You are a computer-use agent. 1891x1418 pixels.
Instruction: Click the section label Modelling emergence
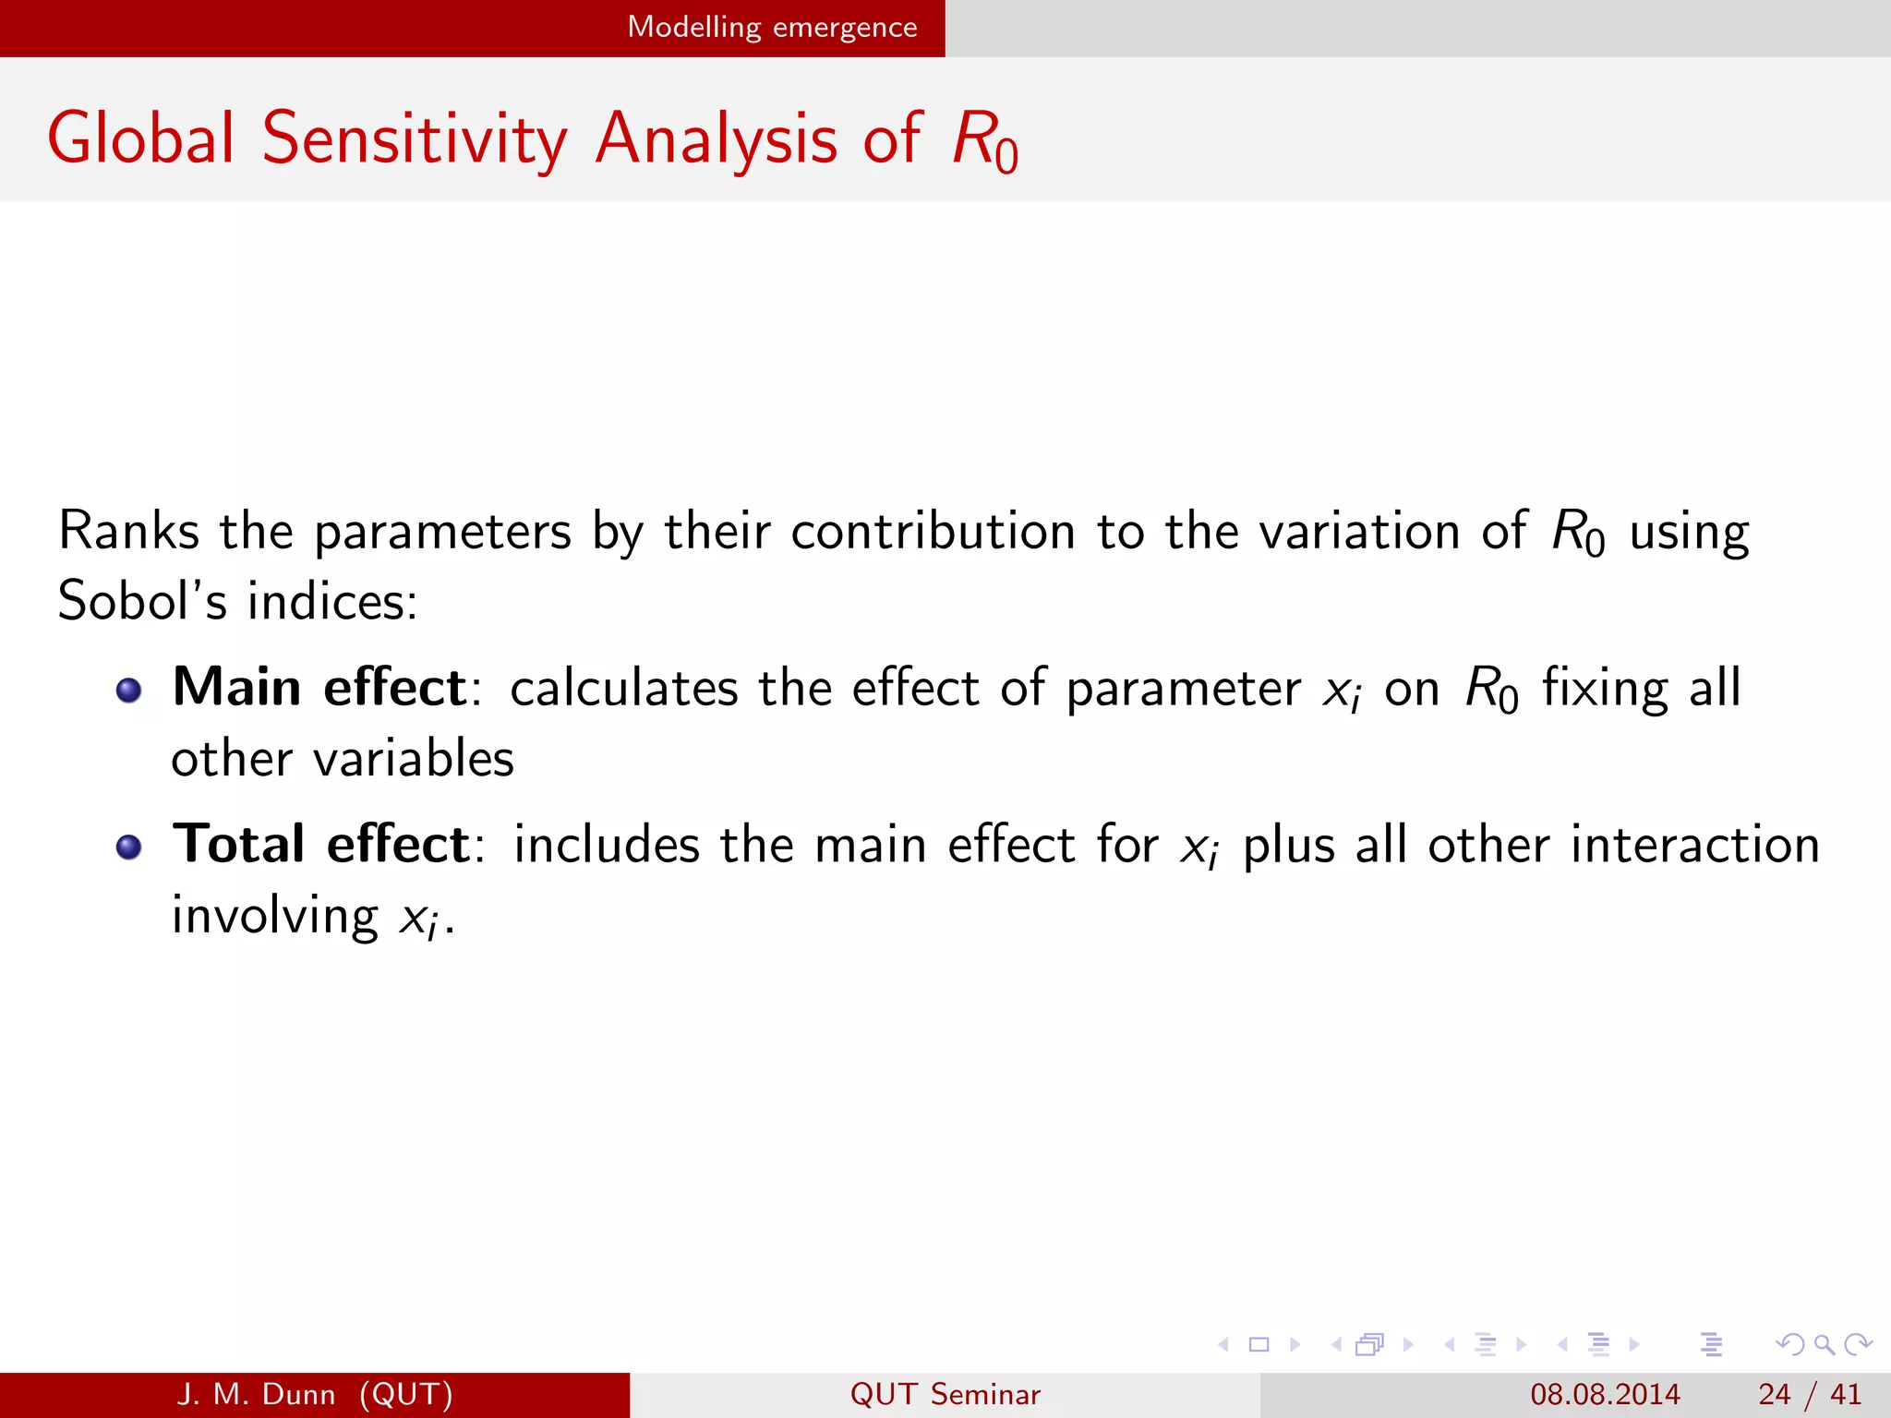[x=772, y=28]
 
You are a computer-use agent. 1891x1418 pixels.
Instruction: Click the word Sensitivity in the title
[x=414, y=140]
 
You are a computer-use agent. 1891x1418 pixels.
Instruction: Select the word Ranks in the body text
[x=128, y=532]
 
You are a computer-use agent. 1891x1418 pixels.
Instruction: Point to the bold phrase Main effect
[x=319, y=689]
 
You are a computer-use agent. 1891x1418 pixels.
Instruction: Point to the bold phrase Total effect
[x=321, y=845]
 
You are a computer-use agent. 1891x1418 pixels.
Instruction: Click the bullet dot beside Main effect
[x=129, y=691]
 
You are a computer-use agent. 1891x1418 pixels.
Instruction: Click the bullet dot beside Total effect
[x=129, y=847]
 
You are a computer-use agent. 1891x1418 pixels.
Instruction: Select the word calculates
[x=623, y=690]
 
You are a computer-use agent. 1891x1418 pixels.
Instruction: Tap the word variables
[x=413, y=760]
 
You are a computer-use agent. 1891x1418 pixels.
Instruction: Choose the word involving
[x=274, y=917]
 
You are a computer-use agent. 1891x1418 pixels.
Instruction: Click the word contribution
[x=933, y=532]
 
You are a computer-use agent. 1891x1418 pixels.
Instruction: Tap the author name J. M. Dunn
[x=256, y=1394]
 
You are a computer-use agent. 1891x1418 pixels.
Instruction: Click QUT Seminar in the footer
[x=945, y=1394]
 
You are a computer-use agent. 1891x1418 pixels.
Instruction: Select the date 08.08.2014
[x=1605, y=1394]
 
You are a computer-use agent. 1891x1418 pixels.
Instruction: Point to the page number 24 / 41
[x=1809, y=1394]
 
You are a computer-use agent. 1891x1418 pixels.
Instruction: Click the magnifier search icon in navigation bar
[x=1824, y=1344]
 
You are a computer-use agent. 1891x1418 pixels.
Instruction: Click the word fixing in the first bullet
[x=1605, y=690]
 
